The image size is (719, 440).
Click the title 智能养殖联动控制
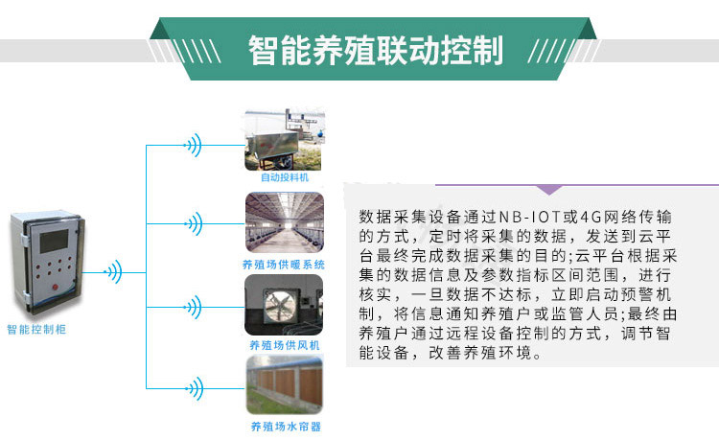point(376,50)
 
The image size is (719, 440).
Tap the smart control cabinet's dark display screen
point(54,241)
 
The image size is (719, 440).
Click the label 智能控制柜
point(36,329)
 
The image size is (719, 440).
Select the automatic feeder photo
point(285,140)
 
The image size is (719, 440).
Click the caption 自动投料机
point(285,177)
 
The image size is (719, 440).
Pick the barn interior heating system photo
point(285,222)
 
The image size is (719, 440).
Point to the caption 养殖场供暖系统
point(284,265)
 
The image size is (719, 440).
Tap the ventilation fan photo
point(284,305)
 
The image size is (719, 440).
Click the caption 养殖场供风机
point(285,345)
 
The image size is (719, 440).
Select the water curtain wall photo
point(285,385)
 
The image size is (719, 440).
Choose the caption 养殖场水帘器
point(286,427)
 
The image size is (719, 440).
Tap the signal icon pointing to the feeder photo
point(194,146)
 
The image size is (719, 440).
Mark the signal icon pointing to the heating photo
point(195,224)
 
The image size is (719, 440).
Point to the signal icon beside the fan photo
point(194,307)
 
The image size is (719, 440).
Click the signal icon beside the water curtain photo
point(195,388)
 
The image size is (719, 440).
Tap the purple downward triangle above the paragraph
point(549,190)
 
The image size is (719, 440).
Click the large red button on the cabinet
point(55,288)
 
